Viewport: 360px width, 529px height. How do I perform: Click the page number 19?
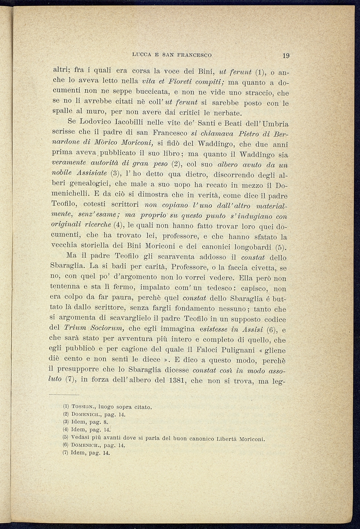coord(286,55)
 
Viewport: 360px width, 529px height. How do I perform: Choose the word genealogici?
coord(83,184)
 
